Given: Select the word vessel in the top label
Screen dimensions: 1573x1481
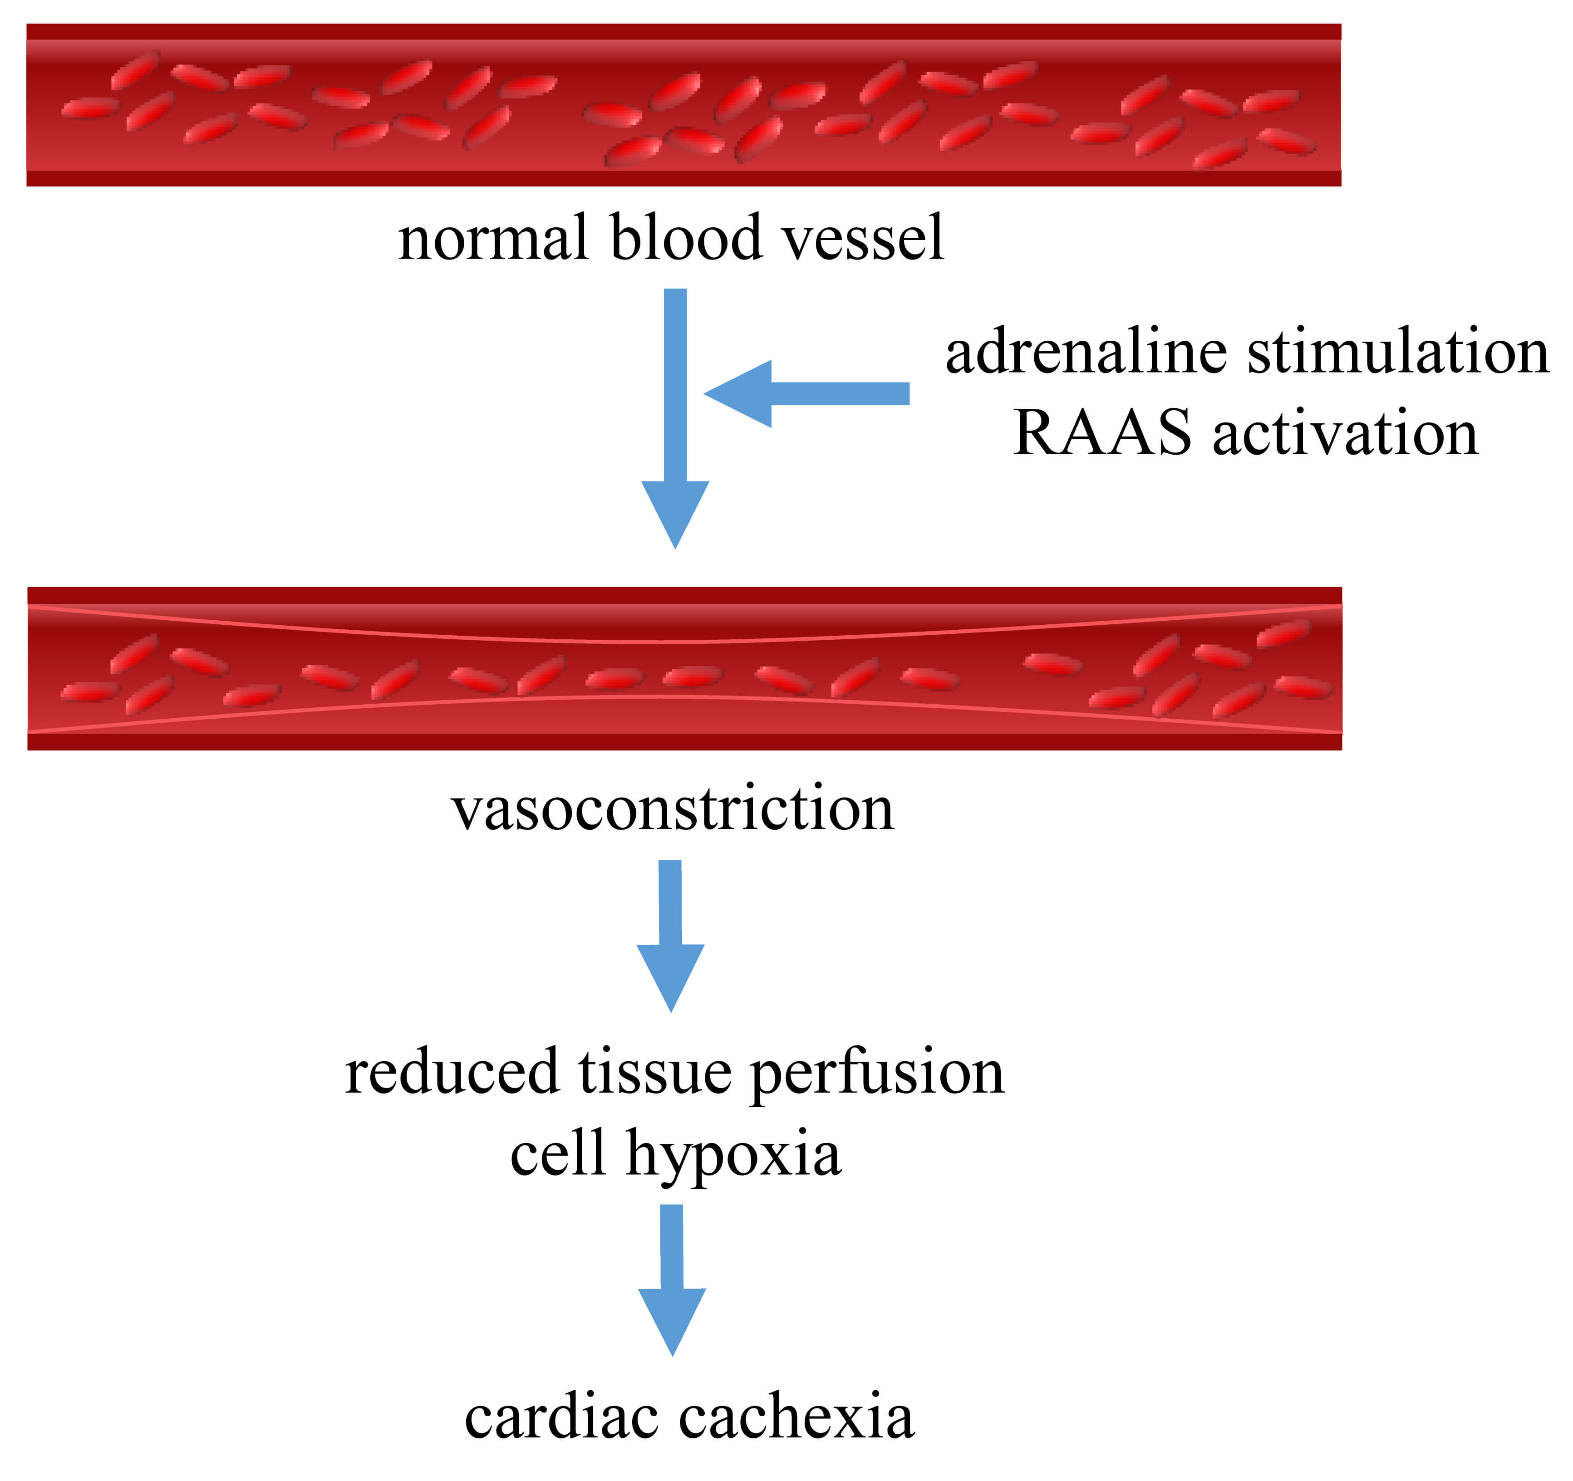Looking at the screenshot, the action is [862, 236].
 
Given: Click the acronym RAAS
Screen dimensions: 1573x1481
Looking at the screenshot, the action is [1102, 433].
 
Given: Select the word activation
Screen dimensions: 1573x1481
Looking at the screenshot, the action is [1345, 433].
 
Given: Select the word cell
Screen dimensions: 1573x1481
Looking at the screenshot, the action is [558, 1154].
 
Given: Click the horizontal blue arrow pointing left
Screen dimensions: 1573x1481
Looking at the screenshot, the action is [806, 393].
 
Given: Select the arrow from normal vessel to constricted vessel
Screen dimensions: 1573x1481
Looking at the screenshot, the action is [675, 418].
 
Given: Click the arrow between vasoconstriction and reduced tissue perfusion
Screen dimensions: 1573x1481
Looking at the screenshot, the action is [670, 936].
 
